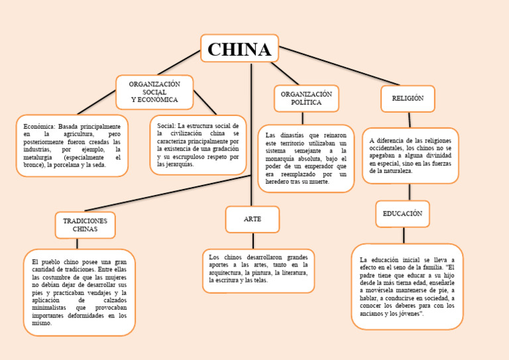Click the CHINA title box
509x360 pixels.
tap(239, 49)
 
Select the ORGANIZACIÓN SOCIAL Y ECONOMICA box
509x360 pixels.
tap(154, 92)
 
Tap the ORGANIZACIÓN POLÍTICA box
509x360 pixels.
tap(306, 99)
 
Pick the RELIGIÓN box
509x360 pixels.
tap(408, 99)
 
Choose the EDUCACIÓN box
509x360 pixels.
tap(402, 214)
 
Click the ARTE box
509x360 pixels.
tap(252, 219)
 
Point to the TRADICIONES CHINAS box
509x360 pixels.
tap(85, 225)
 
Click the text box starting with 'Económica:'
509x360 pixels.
tap(72, 145)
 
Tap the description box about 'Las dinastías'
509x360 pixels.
tap(306, 158)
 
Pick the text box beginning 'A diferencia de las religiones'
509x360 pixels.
tap(410, 156)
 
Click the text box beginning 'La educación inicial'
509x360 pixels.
tap(407, 286)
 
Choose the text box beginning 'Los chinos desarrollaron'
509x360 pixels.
tap(258, 269)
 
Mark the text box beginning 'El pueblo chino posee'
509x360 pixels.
tap(79, 292)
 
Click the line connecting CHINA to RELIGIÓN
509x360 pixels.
tap(338, 65)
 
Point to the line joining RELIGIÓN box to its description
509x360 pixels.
tap(410, 120)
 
